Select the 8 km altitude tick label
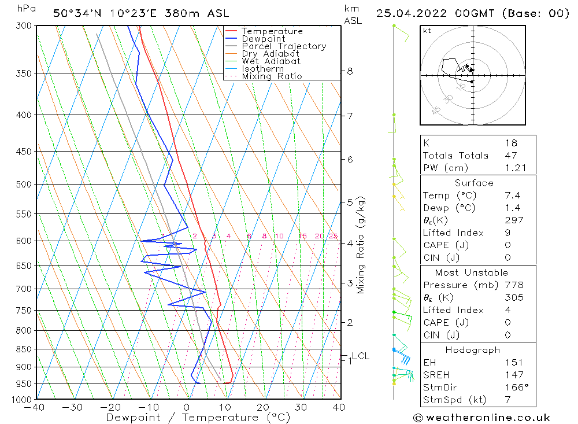pos(350,71)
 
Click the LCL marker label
pos(360,356)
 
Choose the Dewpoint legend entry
pos(263,39)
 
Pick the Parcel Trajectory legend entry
pos(283,46)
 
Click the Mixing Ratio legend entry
pos(272,76)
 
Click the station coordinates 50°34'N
pos(79,13)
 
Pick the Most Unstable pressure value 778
pos(514,285)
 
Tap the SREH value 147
pos(514,375)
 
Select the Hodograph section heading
pos(473,350)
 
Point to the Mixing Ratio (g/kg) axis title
pos(361,245)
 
